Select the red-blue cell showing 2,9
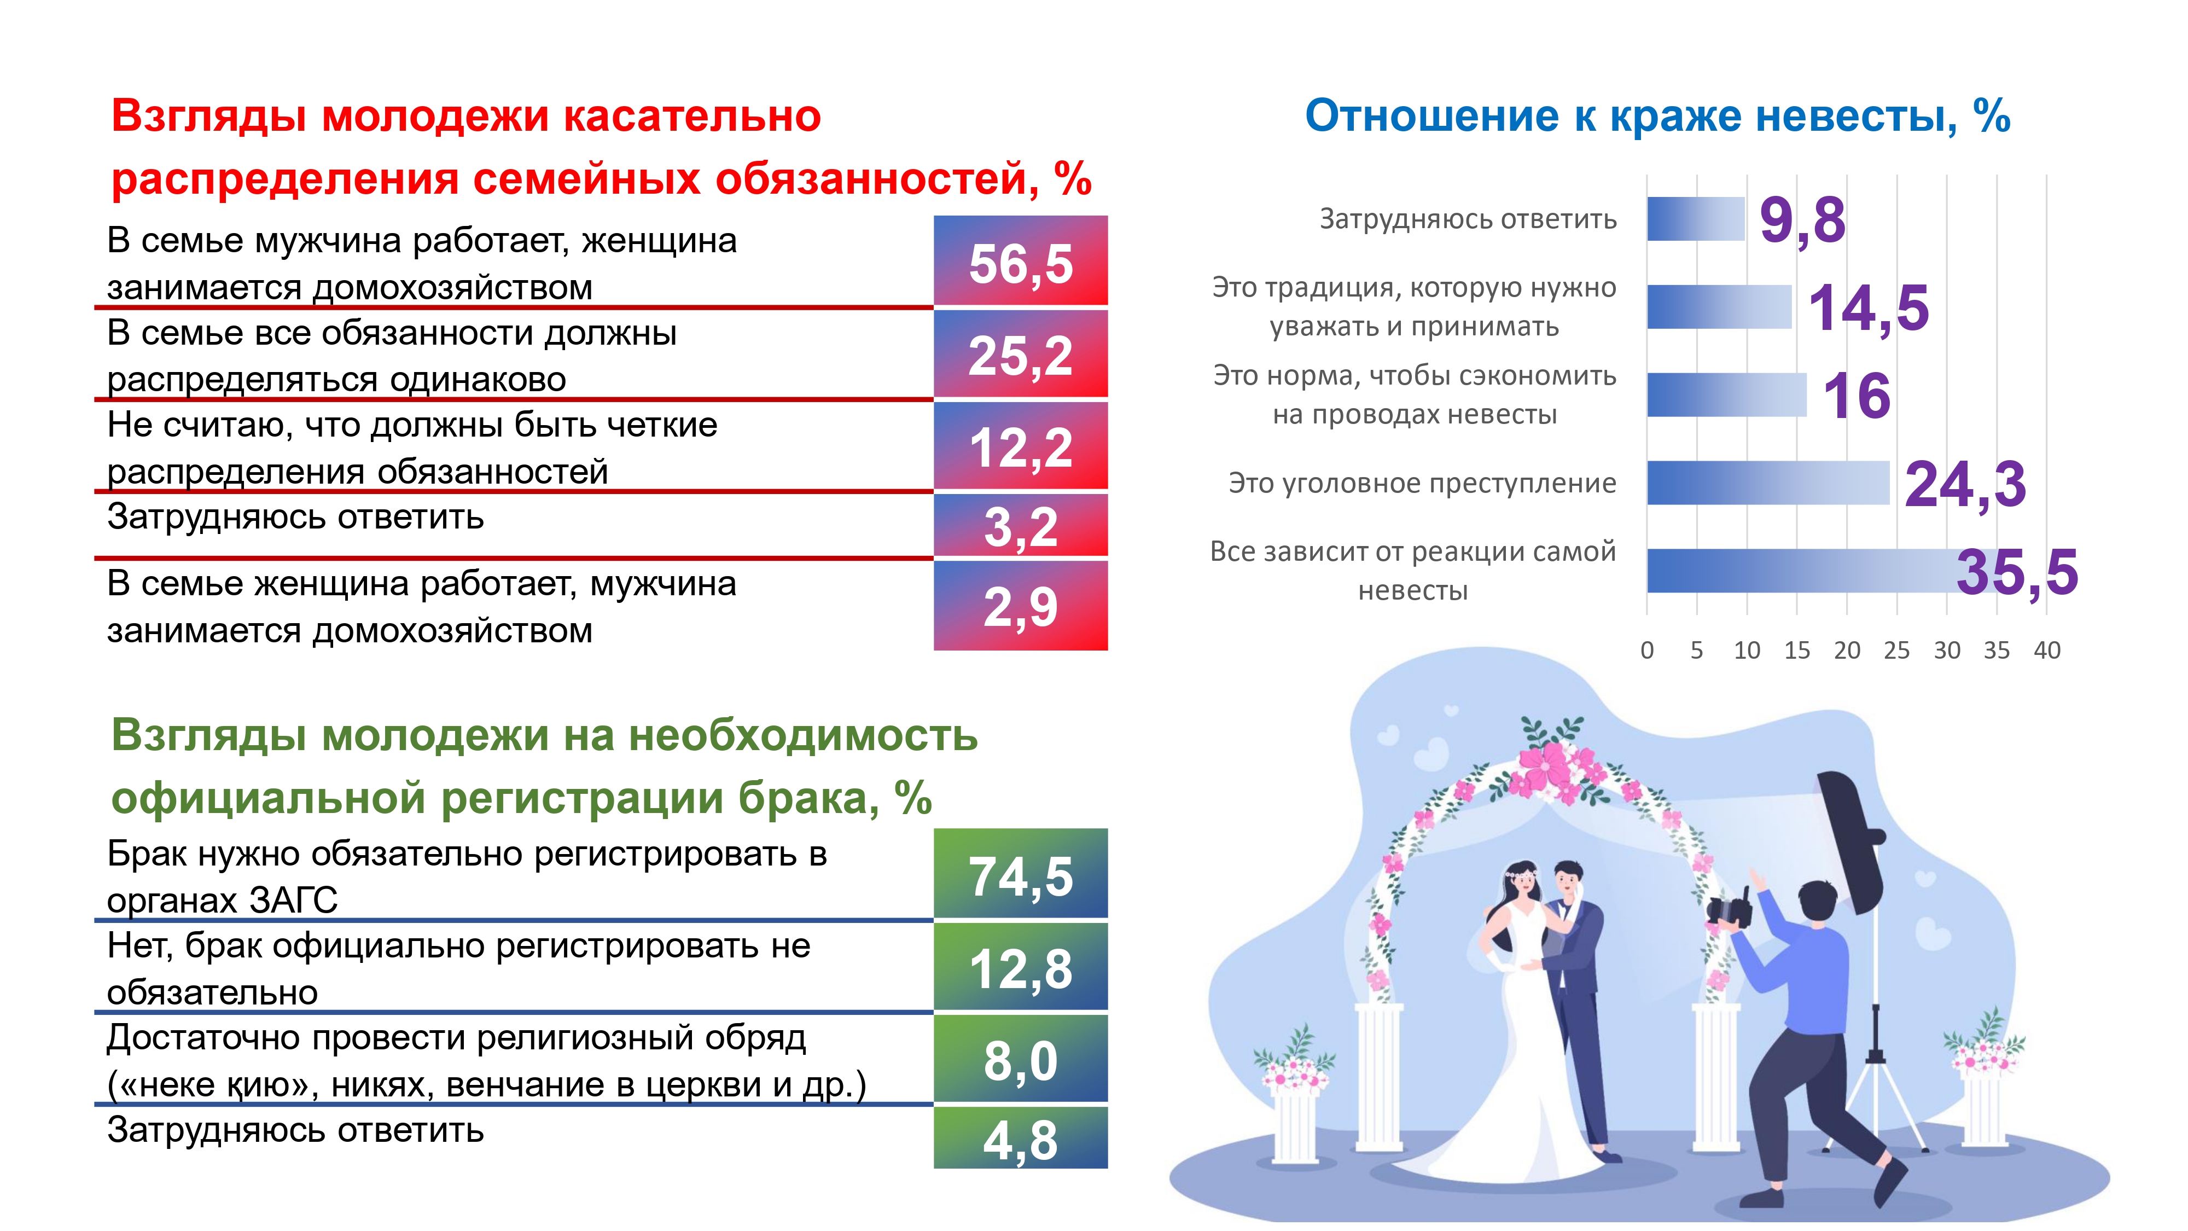1020,606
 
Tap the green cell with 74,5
1020,873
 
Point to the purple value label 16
1857,396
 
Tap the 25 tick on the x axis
1896,650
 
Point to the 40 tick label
2047,650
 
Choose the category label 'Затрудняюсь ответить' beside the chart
1468,219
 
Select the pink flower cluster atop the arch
1551,765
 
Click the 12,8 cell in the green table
1020,967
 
